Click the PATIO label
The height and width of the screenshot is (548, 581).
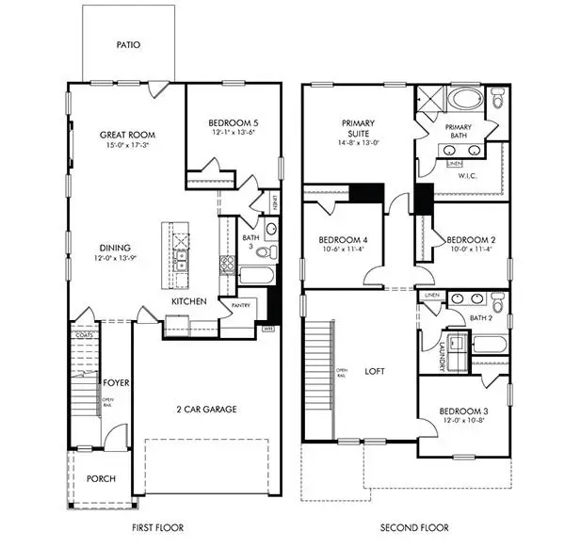click(128, 44)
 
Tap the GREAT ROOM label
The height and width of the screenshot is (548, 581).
click(127, 135)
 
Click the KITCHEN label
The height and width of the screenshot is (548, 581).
click(188, 301)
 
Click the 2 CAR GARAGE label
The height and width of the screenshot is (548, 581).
click(204, 409)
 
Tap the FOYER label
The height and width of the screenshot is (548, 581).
click(116, 383)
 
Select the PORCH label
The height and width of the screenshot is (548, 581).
click(100, 478)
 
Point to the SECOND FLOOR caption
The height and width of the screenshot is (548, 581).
click(413, 527)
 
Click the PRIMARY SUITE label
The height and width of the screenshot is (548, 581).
click(359, 128)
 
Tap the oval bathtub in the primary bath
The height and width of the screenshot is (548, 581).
click(462, 99)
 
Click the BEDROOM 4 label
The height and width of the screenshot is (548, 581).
click(342, 239)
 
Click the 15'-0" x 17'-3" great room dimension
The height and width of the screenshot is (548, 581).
click(127, 146)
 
